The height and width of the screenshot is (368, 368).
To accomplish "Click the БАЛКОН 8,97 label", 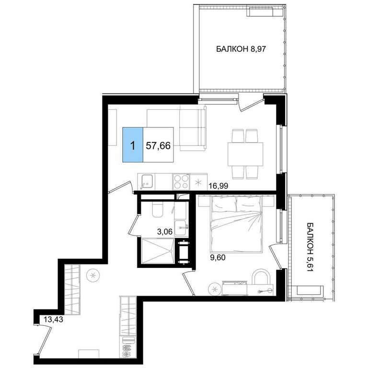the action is tap(241, 49).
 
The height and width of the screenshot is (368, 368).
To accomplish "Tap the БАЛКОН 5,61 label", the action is tap(310, 247).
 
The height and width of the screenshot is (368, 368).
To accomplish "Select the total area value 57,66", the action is tap(158, 146).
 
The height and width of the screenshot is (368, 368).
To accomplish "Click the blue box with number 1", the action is tap(133, 145).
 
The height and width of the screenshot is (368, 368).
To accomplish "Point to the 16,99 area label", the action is tap(218, 186).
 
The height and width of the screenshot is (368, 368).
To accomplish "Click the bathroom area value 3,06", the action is tap(165, 232).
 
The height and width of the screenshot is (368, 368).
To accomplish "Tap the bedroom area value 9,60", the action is tap(218, 258).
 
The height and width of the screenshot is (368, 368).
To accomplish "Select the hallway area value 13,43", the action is tap(53, 319).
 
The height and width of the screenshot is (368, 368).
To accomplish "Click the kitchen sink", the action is tap(147, 182).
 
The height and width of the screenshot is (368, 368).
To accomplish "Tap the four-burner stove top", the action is tap(181, 182).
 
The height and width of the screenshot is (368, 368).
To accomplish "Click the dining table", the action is tap(245, 154).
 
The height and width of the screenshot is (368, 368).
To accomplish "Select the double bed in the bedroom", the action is tap(237, 224).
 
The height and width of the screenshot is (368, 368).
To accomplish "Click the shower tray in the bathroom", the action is tap(158, 251).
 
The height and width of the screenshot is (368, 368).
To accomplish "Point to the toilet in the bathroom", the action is tap(158, 209).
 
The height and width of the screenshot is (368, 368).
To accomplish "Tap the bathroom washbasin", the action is tap(181, 228).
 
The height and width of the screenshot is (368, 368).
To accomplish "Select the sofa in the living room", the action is tap(193, 128).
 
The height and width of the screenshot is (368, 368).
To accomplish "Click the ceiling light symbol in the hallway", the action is tap(93, 276).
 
